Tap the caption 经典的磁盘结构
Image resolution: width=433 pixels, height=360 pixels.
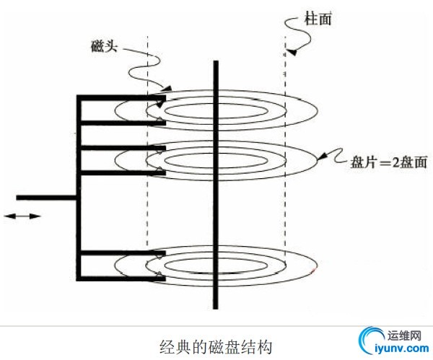click(216, 346)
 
